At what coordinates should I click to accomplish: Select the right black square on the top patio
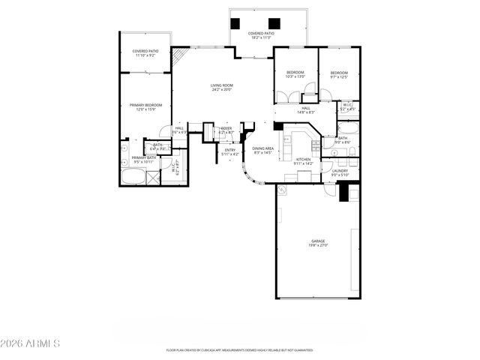(274, 22)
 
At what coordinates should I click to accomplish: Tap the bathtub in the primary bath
(134, 178)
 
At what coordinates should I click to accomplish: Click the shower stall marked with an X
(153, 178)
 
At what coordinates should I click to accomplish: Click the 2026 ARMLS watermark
(30, 343)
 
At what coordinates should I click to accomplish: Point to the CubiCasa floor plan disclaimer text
(239, 350)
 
